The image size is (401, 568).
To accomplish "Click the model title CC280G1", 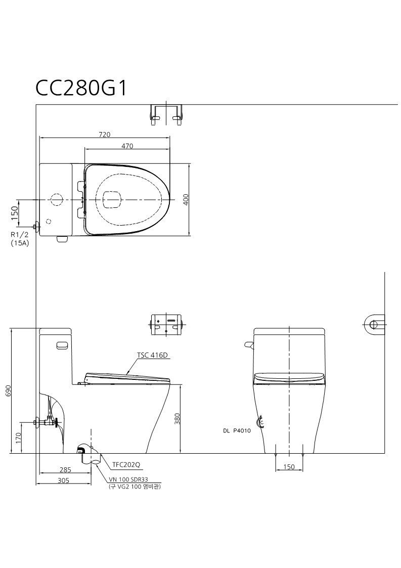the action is (81, 88).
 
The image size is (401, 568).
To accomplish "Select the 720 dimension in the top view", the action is (104, 135).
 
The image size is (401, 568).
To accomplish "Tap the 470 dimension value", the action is (127, 146).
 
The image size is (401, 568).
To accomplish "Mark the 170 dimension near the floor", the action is (19, 438).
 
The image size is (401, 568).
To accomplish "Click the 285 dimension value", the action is (65, 470).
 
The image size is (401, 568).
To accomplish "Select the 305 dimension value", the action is (63, 480).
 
